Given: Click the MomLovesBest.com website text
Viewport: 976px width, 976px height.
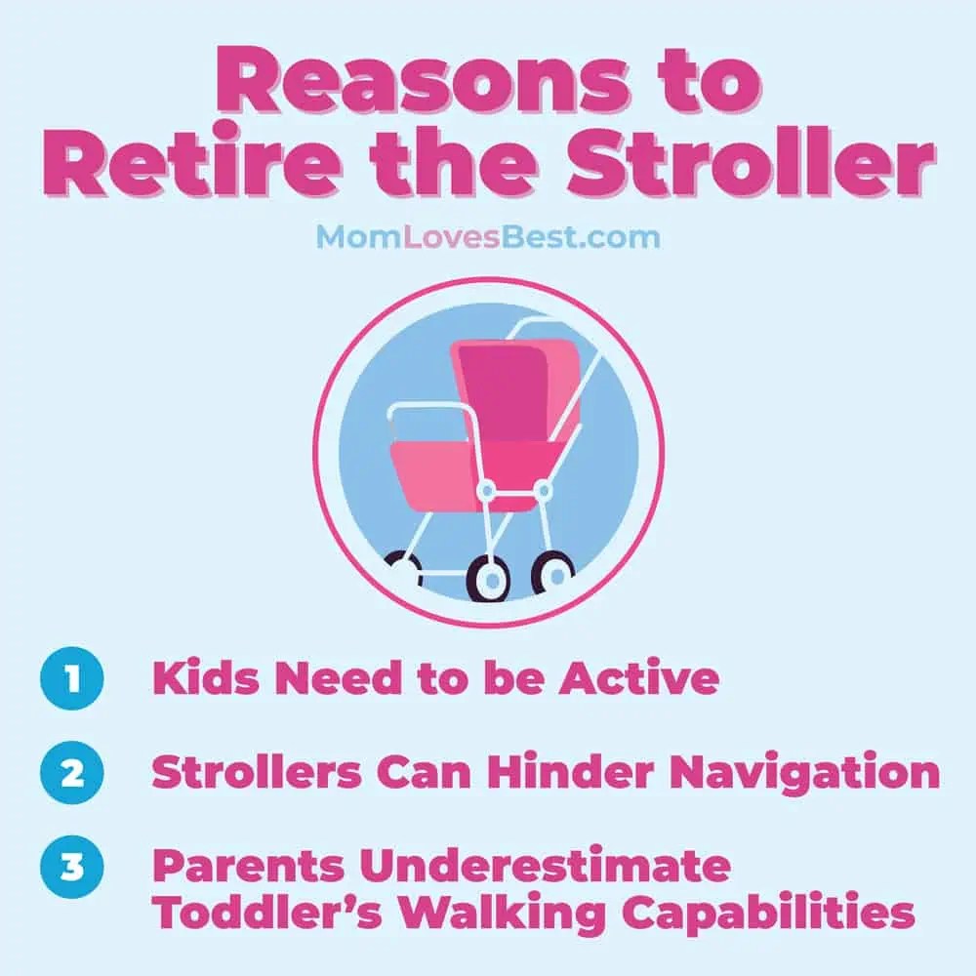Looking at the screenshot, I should (487, 236).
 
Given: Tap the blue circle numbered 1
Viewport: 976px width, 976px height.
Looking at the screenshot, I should (70, 679).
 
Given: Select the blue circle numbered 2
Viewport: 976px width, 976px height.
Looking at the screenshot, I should (70, 774).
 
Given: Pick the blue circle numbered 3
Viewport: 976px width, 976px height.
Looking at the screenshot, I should (70, 867).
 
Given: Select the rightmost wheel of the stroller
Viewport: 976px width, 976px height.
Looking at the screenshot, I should (552, 572).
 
